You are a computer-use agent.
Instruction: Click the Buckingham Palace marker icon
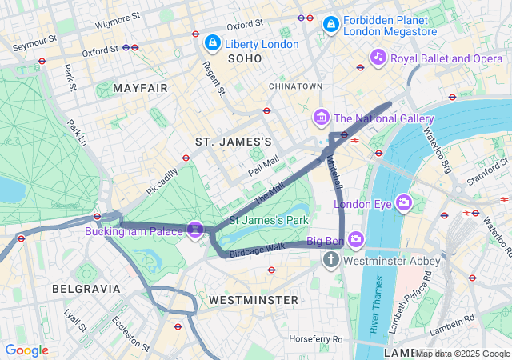pos(194,230)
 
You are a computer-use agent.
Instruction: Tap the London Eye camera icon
pos(404,203)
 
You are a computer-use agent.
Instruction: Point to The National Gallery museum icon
pos(322,118)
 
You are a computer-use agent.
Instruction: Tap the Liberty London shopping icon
pos(212,42)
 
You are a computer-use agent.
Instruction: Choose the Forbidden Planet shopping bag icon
pos(330,25)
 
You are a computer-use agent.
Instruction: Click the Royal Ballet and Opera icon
pos(378,57)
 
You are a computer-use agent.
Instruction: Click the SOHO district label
pos(245,58)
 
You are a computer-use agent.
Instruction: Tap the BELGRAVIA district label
pos(86,288)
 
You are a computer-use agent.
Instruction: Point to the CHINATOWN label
pos(295,86)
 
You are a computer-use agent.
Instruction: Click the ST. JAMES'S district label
pos(234,142)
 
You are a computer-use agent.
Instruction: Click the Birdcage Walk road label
pos(258,250)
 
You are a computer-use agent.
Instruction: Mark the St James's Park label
pos(269,219)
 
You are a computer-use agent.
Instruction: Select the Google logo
pos(26,350)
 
